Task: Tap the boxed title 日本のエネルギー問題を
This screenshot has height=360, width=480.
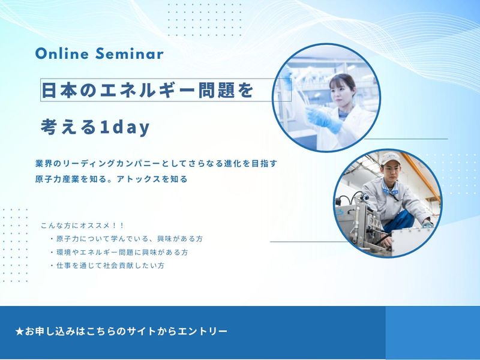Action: pos(144,91)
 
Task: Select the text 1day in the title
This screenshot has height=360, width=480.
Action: pos(125,127)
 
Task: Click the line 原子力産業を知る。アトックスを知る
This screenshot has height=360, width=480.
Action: pos(112,179)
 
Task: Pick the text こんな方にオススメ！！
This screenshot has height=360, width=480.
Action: pos(83,226)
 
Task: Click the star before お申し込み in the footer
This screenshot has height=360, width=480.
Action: pos(19,331)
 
